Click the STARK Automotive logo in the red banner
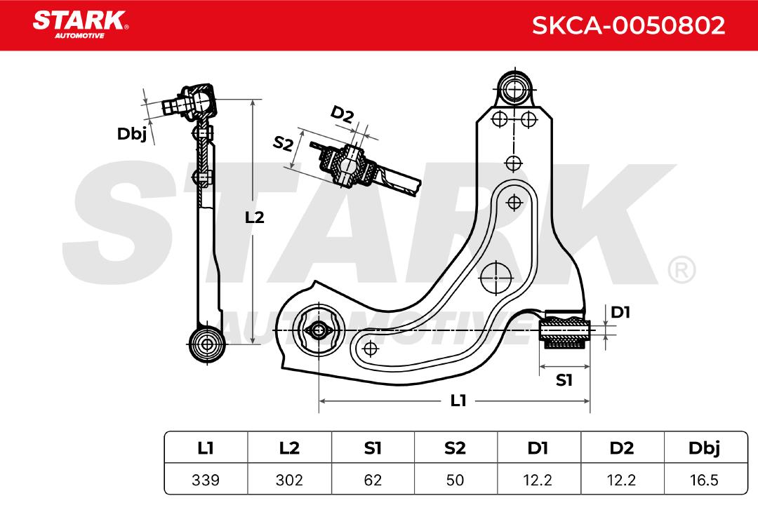tap(80, 24)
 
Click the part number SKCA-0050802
tap(628, 25)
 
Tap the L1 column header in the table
tap(206, 448)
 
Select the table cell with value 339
tap(206, 480)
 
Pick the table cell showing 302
tap(289, 480)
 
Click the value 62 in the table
tap(373, 480)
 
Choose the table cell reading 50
tap(456, 480)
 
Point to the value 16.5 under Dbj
tap(705, 480)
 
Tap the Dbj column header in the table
tap(705, 449)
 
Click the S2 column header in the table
tap(456, 448)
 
